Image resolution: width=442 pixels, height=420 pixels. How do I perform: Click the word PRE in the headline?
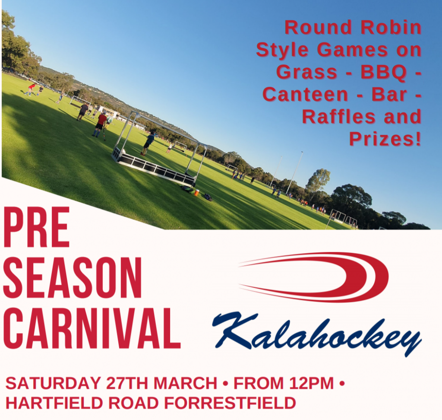point(36,228)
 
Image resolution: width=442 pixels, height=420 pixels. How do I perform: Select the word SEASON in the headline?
point(73,277)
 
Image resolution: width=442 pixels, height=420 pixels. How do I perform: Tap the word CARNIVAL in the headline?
point(92,328)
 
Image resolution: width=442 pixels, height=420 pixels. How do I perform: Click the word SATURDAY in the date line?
point(53,383)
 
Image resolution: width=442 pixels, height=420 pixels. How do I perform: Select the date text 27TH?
point(127,383)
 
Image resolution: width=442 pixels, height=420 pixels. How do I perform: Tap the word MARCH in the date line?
point(185,383)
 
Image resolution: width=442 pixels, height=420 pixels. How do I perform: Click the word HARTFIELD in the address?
point(54,403)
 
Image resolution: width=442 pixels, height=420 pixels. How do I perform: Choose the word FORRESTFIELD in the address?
point(230,403)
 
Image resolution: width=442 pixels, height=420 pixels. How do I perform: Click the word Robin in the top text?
point(391,27)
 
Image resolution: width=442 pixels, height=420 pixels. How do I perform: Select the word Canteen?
point(306,94)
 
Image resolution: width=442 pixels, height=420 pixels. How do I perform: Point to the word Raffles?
point(339,117)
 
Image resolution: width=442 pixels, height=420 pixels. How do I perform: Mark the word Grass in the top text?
point(307,72)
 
